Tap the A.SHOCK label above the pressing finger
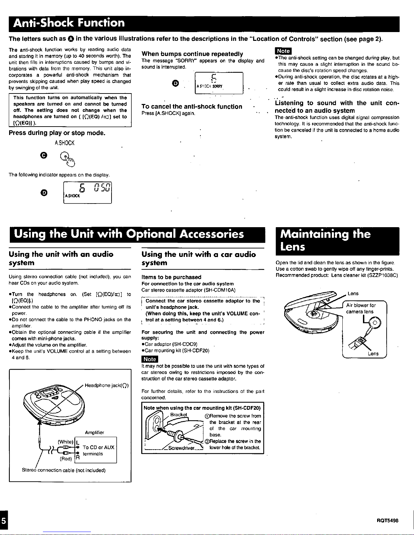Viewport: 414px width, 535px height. (x=64, y=143)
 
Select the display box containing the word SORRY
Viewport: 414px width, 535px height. (x=219, y=83)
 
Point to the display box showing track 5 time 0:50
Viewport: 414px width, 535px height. (x=88, y=192)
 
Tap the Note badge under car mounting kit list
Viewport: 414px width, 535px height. (x=149, y=359)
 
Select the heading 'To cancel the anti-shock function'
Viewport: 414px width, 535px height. (x=192, y=107)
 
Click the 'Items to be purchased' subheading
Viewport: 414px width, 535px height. (x=171, y=277)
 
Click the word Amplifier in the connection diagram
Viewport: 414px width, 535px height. (x=95, y=433)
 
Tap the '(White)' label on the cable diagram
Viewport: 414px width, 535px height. (x=66, y=442)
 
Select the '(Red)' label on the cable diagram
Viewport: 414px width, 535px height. (x=66, y=459)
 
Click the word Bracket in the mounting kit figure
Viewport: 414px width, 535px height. (x=178, y=415)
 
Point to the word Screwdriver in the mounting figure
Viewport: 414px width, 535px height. (x=181, y=448)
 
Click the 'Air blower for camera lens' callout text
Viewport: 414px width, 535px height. (x=361, y=309)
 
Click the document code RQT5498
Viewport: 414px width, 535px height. (x=388, y=520)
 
